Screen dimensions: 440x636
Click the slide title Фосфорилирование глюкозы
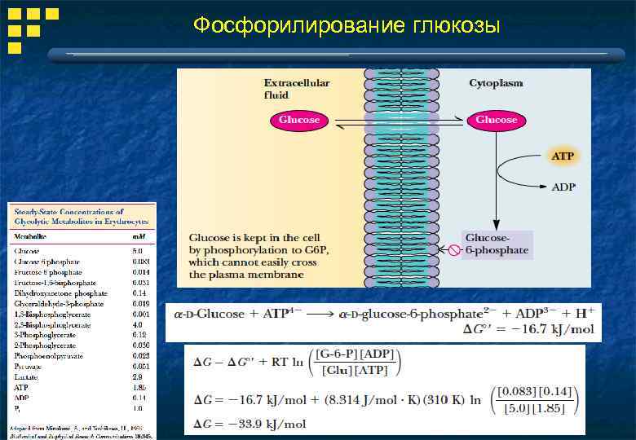(347, 26)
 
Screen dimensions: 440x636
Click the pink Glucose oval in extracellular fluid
(299, 120)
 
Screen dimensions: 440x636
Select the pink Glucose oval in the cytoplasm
(496, 120)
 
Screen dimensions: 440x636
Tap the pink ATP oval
(563, 155)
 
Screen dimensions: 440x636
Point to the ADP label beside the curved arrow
(563, 187)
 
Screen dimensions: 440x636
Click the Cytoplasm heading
(496, 83)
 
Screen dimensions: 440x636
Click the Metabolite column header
(29, 236)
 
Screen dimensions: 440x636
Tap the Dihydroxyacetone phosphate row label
(60, 293)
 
